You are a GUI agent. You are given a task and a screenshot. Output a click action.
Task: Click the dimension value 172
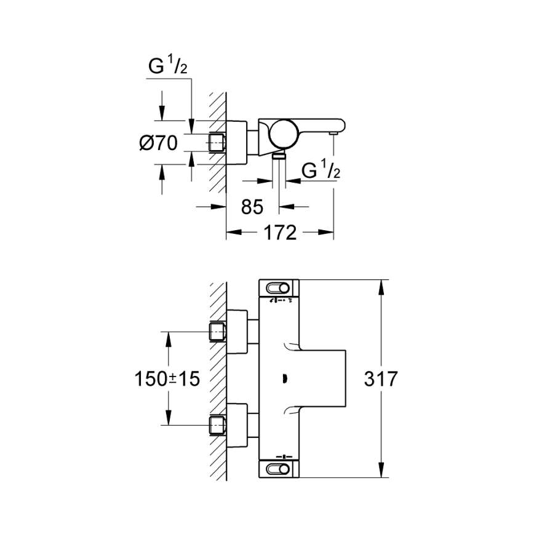point(280,233)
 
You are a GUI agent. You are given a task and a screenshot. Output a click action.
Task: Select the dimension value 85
point(252,207)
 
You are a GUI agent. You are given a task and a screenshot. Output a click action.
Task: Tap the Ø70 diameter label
point(159,143)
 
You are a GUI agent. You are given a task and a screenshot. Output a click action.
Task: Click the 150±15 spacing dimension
point(168,378)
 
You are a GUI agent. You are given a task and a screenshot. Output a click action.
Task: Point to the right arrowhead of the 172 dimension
point(329,233)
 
